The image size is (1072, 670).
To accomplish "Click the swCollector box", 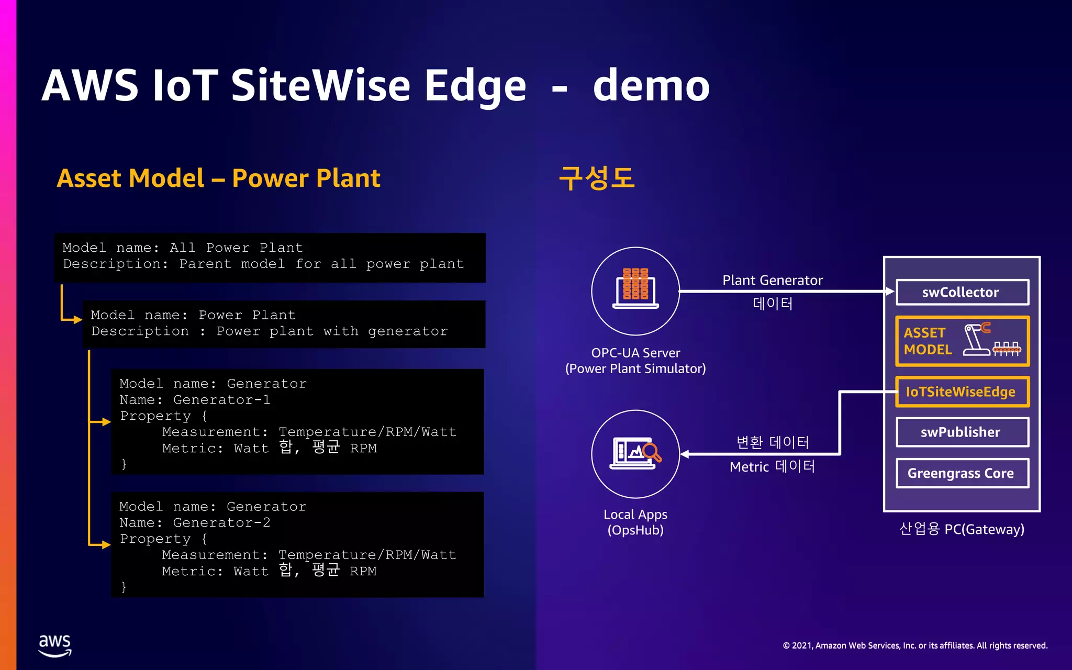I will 962,292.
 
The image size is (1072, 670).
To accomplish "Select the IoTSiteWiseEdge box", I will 962,392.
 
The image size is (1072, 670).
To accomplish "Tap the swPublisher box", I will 962,432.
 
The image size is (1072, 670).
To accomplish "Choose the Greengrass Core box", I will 962,473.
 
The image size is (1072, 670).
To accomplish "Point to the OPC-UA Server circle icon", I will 635,291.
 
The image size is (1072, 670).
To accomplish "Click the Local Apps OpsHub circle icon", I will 635,453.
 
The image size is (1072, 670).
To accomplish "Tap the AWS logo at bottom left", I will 55,645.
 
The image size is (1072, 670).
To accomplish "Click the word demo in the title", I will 651,85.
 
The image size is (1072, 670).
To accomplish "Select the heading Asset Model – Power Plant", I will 218,178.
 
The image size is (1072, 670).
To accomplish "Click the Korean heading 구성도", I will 596,178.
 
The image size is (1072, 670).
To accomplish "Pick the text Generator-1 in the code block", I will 221,400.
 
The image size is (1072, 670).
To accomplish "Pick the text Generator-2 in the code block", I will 221,523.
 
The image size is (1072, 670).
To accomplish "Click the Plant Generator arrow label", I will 773,281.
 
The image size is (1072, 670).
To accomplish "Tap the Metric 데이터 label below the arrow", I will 773,466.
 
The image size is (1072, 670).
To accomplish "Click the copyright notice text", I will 915,645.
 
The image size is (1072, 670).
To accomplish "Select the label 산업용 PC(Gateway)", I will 962,529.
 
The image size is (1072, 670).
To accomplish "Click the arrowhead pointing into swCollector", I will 889,291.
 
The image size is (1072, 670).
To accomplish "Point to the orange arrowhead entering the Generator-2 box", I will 106,545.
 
